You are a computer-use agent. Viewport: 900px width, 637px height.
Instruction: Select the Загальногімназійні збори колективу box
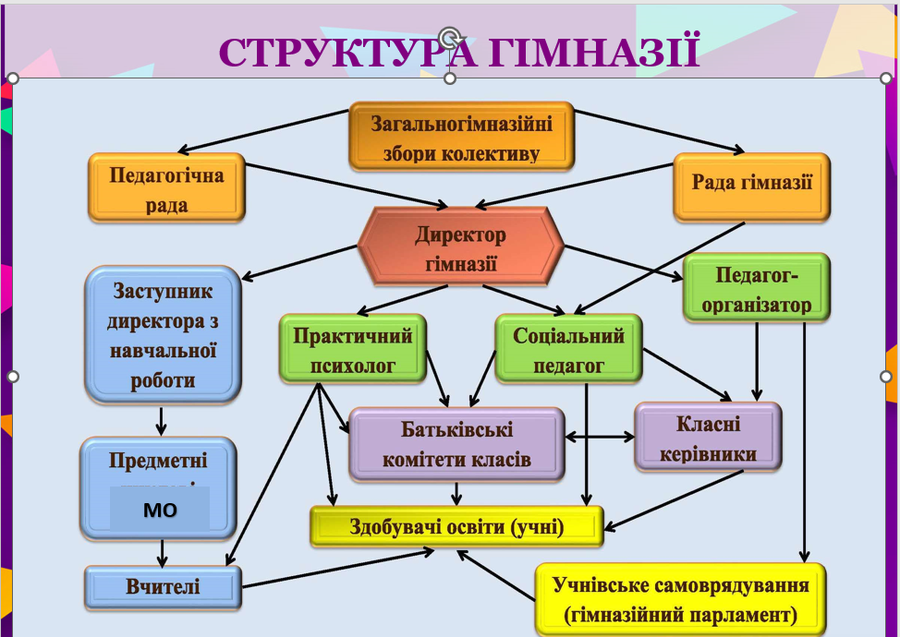click(x=461, y=137)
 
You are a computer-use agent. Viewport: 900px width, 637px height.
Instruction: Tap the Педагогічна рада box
click(x=166, y=188)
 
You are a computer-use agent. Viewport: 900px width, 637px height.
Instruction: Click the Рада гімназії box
click(x=751, y=184)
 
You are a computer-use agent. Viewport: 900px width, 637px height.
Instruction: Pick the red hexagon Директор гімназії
click(x=460, y=248)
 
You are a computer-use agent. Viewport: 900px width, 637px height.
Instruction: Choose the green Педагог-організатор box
click(x=757, y=288)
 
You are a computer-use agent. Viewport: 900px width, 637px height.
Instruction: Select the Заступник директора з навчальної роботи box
click(x=163, y=334)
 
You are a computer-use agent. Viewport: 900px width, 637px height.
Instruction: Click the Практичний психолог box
click(x=353, y=349)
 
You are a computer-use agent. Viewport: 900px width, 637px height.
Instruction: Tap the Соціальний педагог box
click(x=568, y=349)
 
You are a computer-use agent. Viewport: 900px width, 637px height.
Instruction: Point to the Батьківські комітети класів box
click(x=456, y=443)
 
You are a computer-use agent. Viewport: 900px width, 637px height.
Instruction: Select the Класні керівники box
click(x=708, y=438)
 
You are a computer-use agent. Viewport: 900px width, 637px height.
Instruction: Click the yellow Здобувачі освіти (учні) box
click(x=456, y=526)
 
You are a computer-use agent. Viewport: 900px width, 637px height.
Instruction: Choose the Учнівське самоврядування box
click(x=680, y=598)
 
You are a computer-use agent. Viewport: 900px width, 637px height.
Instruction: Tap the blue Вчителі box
click(x=163, y=586)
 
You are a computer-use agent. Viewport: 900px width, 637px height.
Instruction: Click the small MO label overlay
click(x=160, y=509)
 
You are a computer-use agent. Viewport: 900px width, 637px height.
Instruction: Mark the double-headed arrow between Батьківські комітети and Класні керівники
click(x=600, y=437)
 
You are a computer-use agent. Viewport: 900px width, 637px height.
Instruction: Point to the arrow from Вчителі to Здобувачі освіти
click(x=337, y=566)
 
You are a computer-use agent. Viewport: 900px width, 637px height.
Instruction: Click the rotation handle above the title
click(x=450, y=37)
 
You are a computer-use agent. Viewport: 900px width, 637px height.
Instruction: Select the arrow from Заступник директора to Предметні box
click(x=162, y=420)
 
